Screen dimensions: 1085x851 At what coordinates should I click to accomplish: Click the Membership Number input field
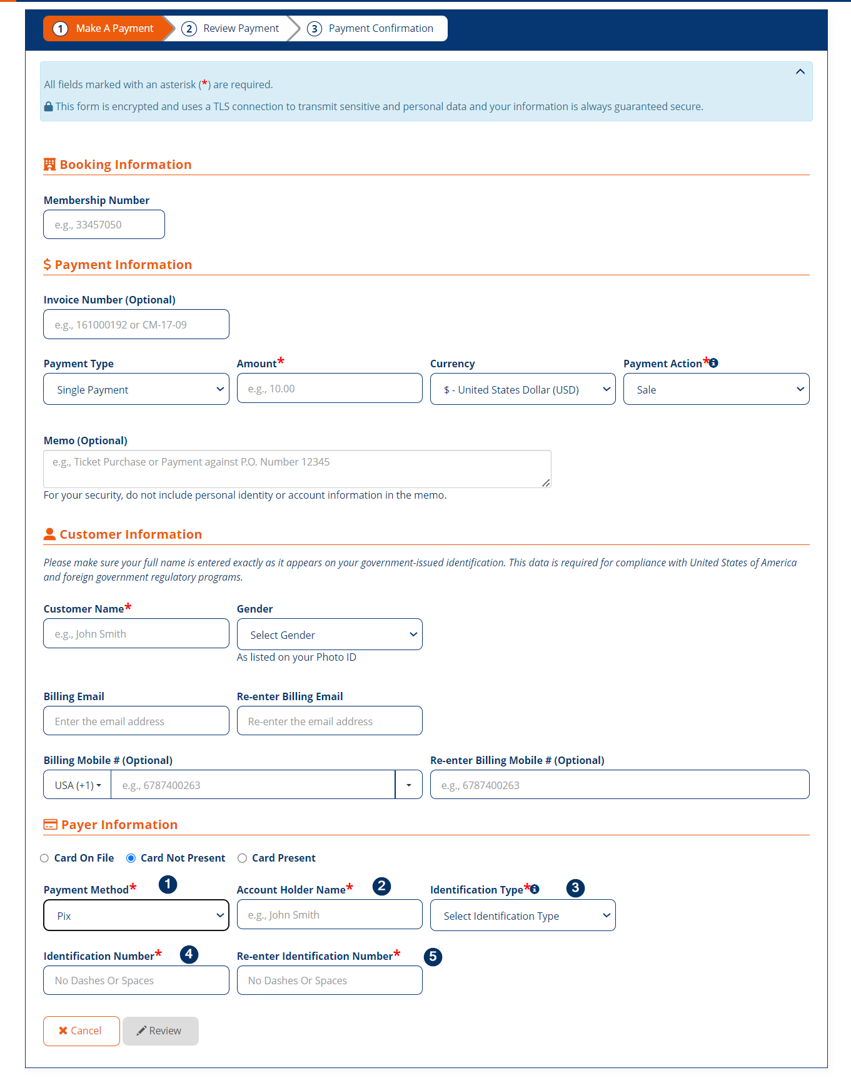[x=104, y=225]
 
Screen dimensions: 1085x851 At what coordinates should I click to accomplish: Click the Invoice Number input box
[x=136, y=325]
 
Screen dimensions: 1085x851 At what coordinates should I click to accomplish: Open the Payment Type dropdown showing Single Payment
[x=136, y=389]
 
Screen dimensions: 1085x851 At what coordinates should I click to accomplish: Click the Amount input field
[x=329, y=389]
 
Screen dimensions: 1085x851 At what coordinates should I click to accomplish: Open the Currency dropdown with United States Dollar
[x=522, y=389]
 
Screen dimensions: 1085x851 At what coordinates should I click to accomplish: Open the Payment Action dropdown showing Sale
[x=715, y=389]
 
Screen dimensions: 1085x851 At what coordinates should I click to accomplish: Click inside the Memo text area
[x=296, y=469]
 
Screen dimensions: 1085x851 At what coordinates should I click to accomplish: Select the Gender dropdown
[x=329, y=634]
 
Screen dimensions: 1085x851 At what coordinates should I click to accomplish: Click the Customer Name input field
[x=136, y=634]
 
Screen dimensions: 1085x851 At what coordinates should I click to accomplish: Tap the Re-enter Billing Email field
[x=329, y=721]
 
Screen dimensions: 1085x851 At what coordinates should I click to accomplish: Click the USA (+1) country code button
[x=78, y=785]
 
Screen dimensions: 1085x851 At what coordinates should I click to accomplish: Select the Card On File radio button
[x=44, y=858]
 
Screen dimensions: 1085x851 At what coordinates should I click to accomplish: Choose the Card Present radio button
[x=242, y=858]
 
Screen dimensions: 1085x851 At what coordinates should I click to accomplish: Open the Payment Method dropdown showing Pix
[x=136, y=915]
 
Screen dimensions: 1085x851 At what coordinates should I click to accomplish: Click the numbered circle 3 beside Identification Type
[x=575, y=888]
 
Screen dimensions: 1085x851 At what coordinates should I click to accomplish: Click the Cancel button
[x=81, y=1031]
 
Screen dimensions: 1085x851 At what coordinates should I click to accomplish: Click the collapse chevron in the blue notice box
[x=800, y=72]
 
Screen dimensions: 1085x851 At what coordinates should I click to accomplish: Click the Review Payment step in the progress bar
[x=231, y=29]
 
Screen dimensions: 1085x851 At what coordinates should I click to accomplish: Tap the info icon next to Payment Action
[x=713, y=363]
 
